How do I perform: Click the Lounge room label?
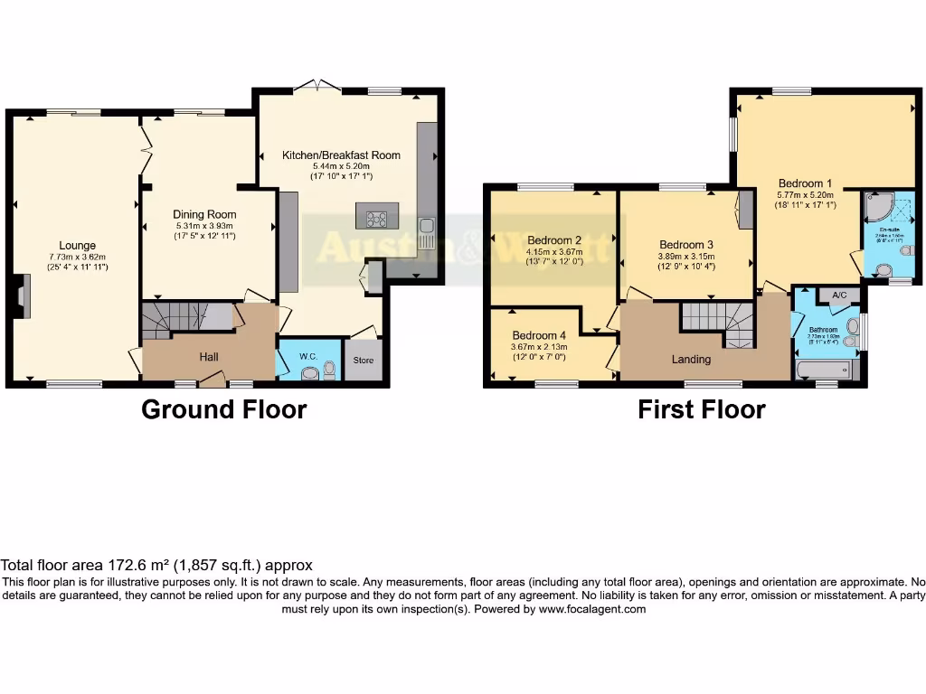coord(78,245)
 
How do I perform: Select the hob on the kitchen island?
coord(376,218)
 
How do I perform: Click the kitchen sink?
coord(426,232)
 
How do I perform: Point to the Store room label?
coord(363,361)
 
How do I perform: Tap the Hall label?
coord(209,357)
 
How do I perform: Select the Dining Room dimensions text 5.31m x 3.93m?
coord(203,226)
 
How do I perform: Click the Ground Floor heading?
coord(223,409)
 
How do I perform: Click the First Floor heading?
coord(702,409)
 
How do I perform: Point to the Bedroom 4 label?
coord(539,335)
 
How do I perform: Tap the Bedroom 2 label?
coord(554,239)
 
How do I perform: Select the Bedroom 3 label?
coord(686,245)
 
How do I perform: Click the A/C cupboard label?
coord(838,295)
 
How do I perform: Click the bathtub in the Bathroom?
coord(823,369)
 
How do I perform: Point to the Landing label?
coord(691,359)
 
